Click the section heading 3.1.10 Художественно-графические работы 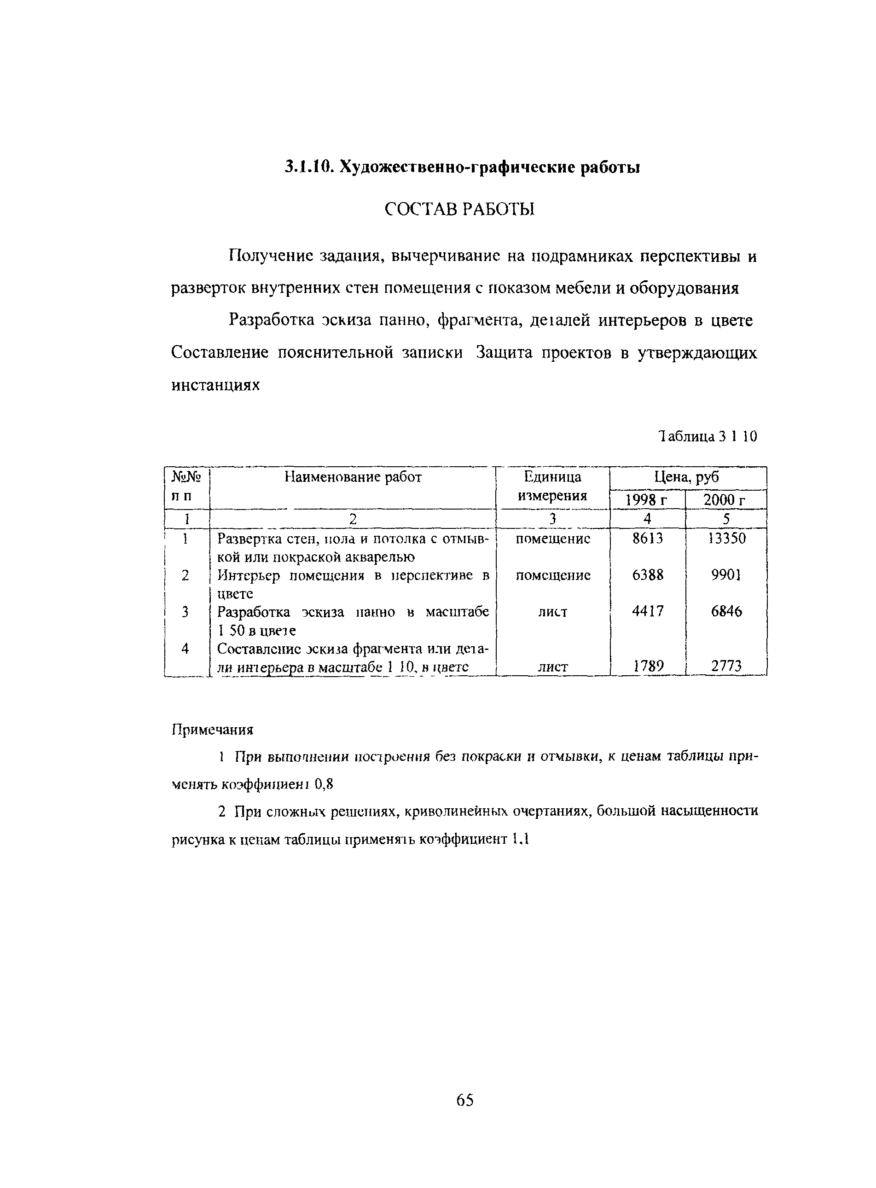(462, 168)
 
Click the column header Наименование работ (353, 477)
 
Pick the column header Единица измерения (552, 486)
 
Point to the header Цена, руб (688, 477)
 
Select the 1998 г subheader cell (647, 499)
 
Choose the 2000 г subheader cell (725, 499)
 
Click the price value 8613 (648, 539)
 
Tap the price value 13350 (726, 539)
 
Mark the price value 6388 (648, 575)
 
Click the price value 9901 (726, 575)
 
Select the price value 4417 (648, 612)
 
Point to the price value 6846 (726, 612)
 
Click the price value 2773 (726, 666)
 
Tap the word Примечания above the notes (212, 730)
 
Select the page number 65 (464, 1100)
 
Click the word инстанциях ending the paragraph (215, 385)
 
